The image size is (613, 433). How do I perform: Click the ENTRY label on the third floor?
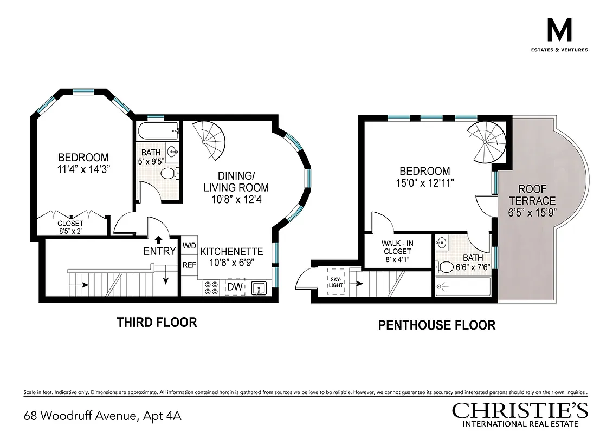(x=159, y=251)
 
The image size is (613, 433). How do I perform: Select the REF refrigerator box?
(x=189, y=265)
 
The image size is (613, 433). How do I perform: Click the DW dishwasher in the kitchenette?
(x=234, y=287)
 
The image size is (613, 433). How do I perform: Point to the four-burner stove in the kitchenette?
(x=211, y=287)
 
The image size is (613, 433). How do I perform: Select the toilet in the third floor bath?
(x=171, y=174)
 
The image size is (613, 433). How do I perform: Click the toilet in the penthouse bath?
(x=446, y=266)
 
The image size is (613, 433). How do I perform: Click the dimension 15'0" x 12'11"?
(x=424, y=183)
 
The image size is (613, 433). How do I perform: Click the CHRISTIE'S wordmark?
(x=520, y=410)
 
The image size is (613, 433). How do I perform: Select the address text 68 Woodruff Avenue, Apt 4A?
(x=102, y=416)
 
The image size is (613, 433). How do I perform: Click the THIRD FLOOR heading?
(x=157, y=323)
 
